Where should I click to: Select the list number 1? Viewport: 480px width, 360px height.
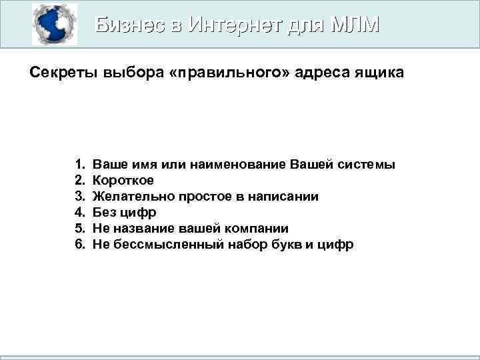pyautogui.click(x=80, y=164)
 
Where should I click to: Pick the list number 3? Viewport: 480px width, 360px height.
pyautogui.click(x=80, y=197)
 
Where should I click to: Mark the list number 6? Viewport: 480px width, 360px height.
pyautogui.click(x=80, y=245)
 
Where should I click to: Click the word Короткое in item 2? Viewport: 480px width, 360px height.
pyautogui.click(x=123, y=180)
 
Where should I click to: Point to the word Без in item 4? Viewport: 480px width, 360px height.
pyautogui.click(x=104, y=213)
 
